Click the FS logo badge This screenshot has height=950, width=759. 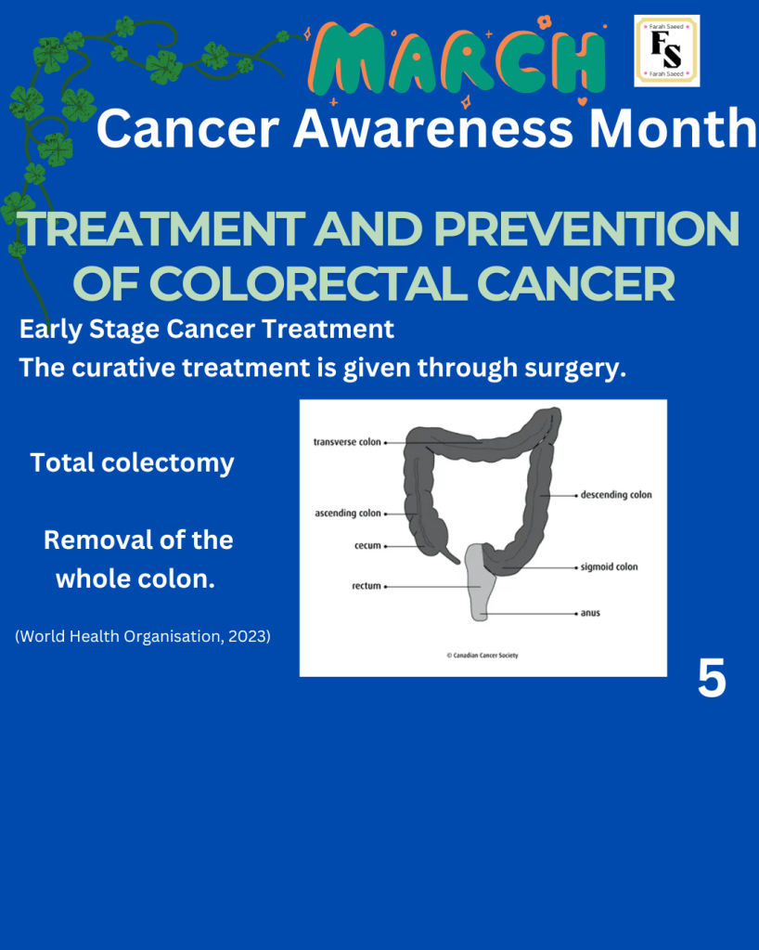click(666, 51)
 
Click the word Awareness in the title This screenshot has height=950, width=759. click(433, 128)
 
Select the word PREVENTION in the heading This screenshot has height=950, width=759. click(586, 229)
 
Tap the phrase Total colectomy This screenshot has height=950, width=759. click(132, 463)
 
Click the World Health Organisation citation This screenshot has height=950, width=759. click(143, 636)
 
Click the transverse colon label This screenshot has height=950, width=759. click(347, 442)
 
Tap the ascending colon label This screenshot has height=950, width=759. click(348, 514)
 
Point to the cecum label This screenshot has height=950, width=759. click(368, 545)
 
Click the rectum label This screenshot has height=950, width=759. click(367, 586)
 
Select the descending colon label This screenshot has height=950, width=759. click(616, 495)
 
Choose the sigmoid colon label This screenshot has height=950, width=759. click(609, 567)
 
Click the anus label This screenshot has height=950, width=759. click(590, 613)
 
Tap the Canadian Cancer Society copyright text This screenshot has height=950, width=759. click(482, 655)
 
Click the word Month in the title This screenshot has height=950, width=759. click(673, 128)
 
